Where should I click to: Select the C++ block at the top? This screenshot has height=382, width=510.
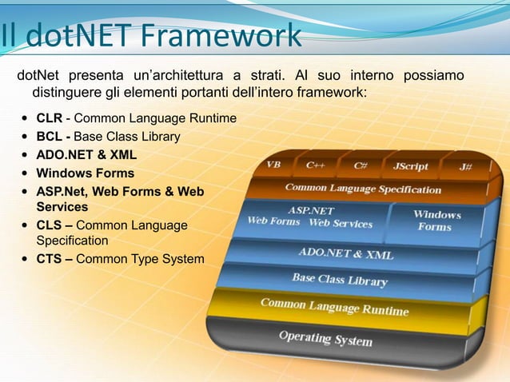click(x=315, y=165)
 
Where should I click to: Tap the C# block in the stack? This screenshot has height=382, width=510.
click(x=361, y=166)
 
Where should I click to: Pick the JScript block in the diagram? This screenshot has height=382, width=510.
click(x=410, y=167)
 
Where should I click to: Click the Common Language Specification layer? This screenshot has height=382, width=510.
click(x=363, y=189)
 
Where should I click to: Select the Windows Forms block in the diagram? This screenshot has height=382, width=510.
click(x=436, y=221)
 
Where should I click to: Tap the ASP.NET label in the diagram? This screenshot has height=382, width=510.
click(x=310, y=210)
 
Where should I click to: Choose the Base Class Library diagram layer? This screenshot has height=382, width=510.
click(x=339, y=279)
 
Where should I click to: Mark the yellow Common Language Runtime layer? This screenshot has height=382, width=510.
click(x=334, y=307)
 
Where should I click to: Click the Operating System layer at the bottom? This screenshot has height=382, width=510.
click(x=325, y=338)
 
